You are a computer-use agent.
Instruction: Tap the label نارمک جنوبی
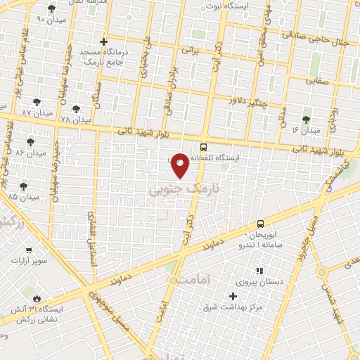[x=184, y=189]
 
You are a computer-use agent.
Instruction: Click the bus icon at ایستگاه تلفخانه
[x=203, y=148]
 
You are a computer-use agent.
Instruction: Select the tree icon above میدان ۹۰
[x=52, y=8]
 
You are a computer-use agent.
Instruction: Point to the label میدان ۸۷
[x=37, y=112]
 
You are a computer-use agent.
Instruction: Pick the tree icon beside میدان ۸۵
[x=25, y=186]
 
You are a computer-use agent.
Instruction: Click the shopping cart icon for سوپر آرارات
[x=29, y=249]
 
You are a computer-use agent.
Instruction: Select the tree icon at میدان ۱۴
[x=305, y=120]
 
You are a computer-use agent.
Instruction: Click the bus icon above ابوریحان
[x=259, y=222]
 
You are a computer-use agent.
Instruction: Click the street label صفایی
[x=318, y=81]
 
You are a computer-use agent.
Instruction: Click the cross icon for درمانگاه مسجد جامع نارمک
[x=104, y=42]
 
